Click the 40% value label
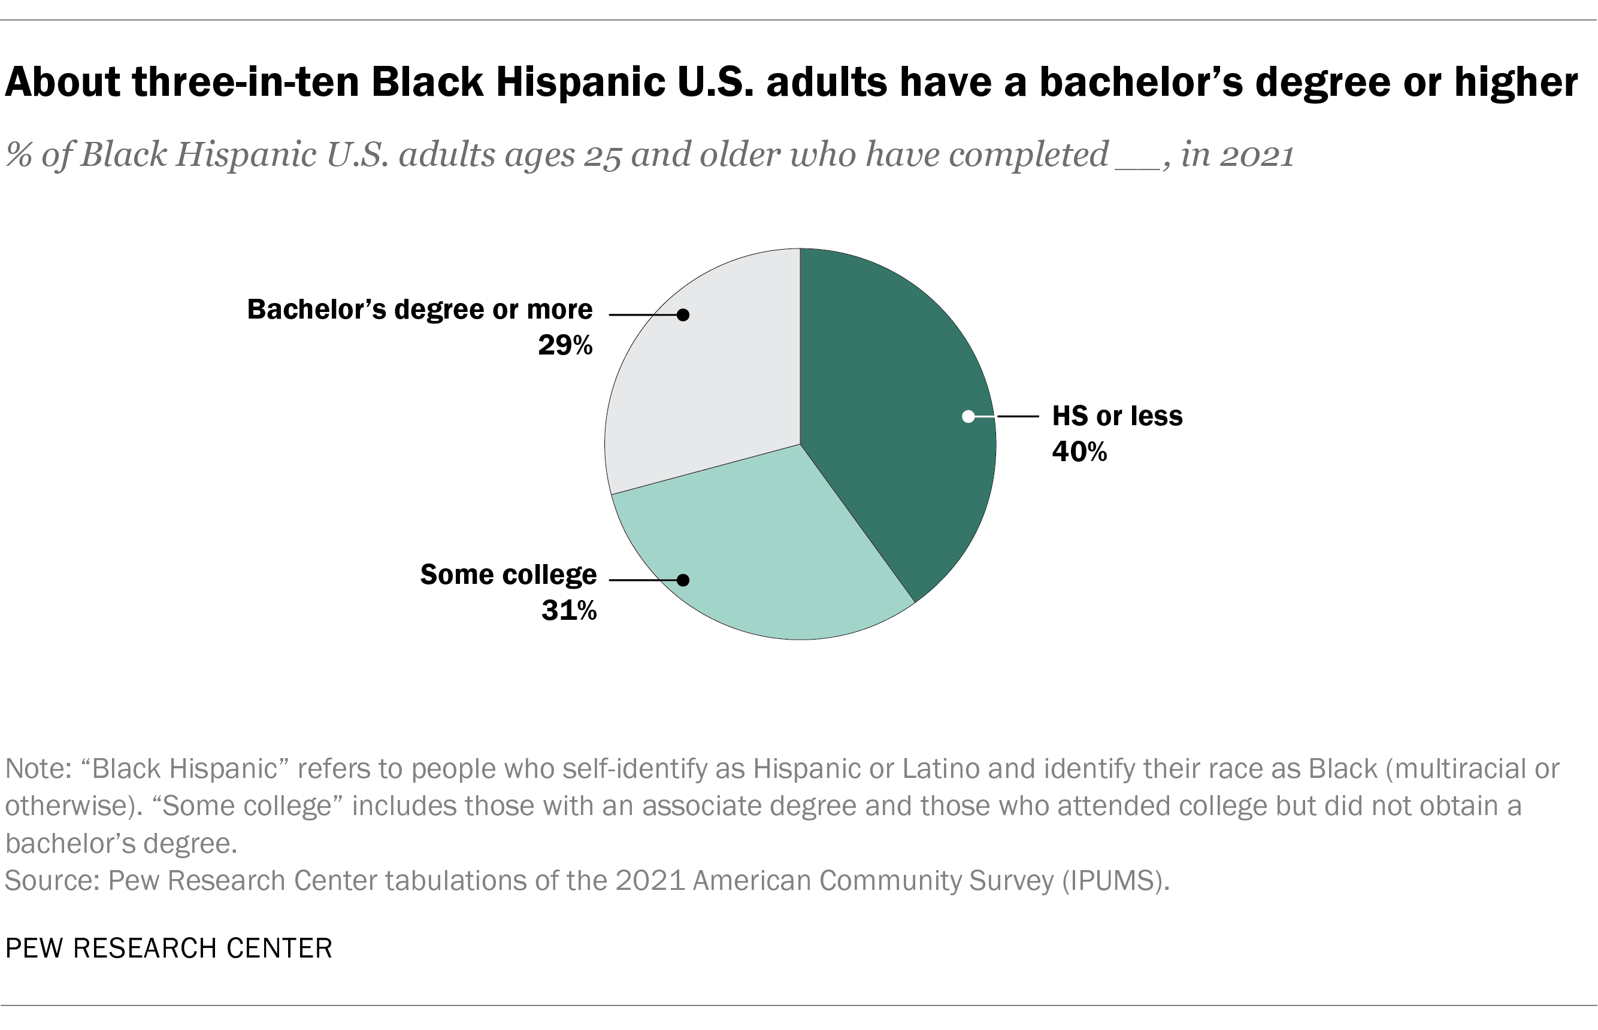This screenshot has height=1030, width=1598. [1079, 453]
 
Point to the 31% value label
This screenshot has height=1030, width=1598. [568, 611]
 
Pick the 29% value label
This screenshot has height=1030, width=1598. [565, 345]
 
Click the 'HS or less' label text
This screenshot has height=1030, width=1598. [1117, 416]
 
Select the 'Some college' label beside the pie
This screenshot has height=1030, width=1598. [509, 574]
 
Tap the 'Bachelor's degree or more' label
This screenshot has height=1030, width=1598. [419, 310]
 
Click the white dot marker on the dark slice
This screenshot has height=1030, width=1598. [968, 417]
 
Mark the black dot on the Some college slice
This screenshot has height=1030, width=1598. [683, 580]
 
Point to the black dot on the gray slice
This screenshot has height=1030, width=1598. [683, 315]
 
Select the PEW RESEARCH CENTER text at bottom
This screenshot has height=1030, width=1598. [168, 949]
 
